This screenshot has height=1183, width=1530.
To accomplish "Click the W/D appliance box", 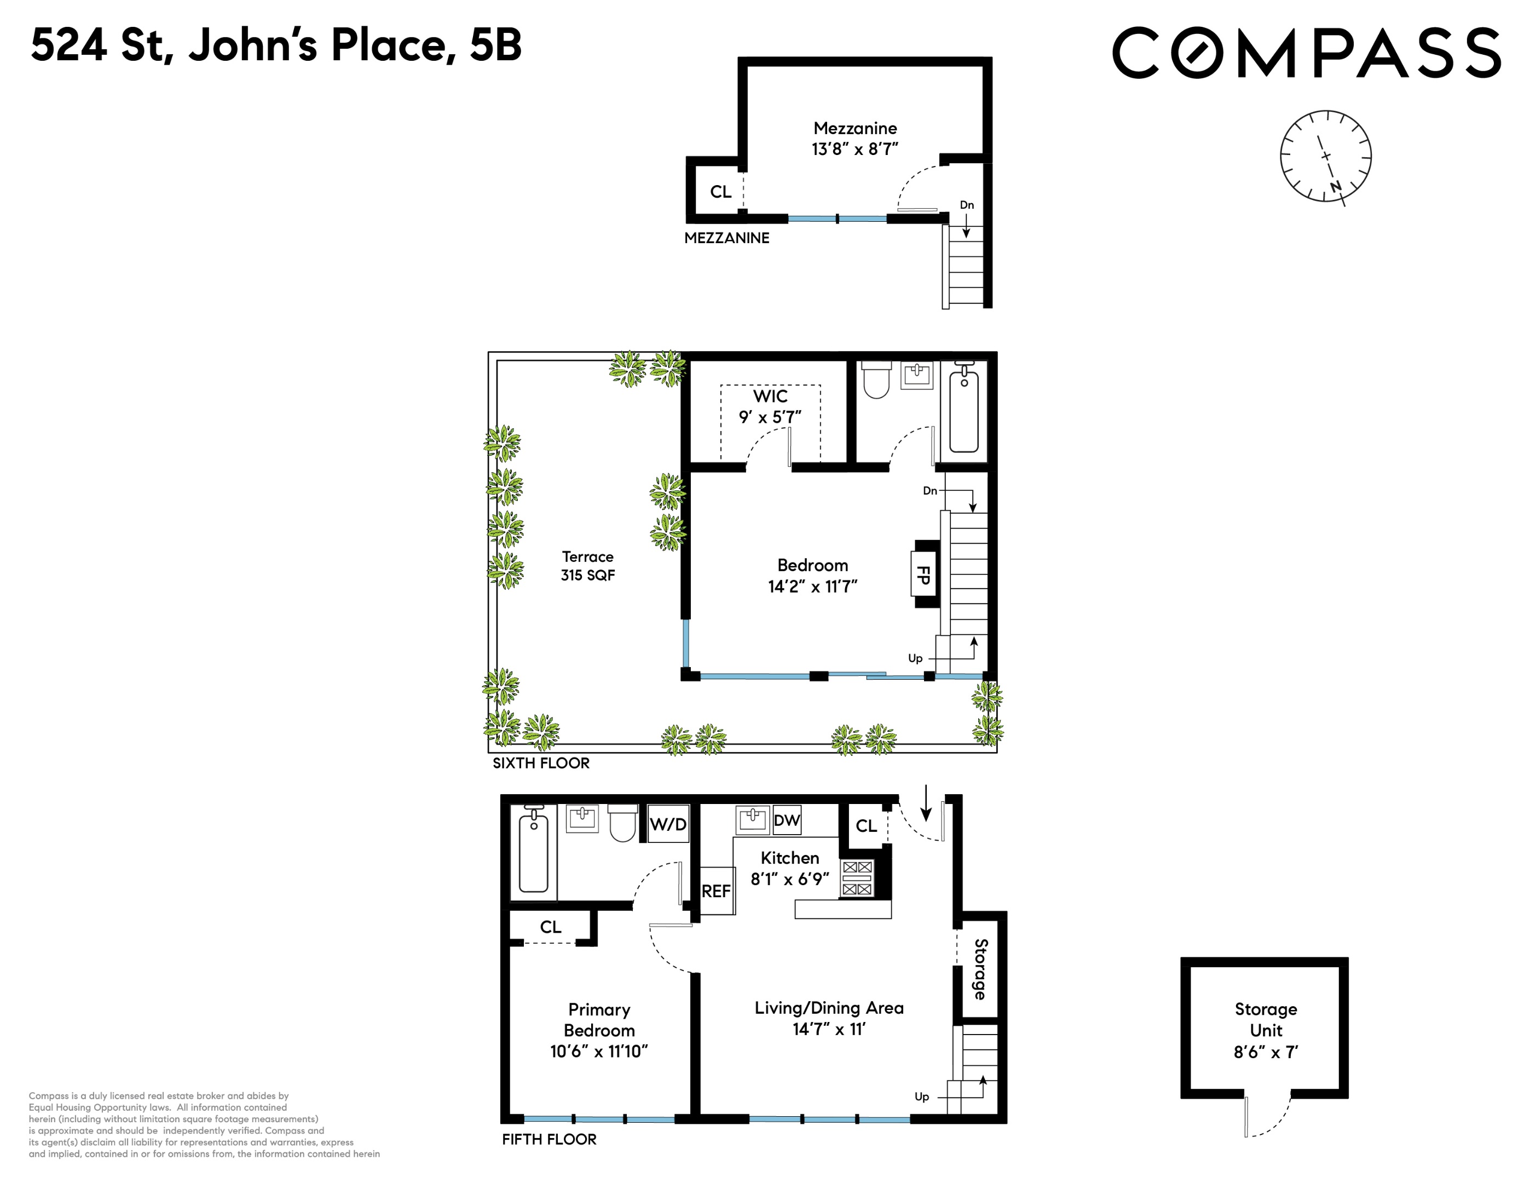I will pos(668,824).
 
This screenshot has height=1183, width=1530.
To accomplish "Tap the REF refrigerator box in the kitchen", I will pos(716,891).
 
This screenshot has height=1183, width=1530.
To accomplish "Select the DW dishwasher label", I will pos(787,820).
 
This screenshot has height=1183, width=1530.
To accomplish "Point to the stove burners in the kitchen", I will pos(857,878).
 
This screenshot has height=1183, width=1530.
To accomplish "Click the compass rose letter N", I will pos(1335,186).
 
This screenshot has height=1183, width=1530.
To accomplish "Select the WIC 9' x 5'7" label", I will pos(770,406).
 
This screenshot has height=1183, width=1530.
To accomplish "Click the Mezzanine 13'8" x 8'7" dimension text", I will pos(855,148).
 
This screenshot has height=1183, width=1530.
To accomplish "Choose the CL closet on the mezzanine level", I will pos(720,191).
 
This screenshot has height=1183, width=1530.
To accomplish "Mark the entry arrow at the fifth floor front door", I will pos(926,803).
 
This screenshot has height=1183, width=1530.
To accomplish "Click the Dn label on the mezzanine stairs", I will pos(967,205).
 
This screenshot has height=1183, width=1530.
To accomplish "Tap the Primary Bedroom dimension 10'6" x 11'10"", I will pos(598,1051).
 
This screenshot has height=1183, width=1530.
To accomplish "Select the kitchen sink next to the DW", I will pos(752,819).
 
